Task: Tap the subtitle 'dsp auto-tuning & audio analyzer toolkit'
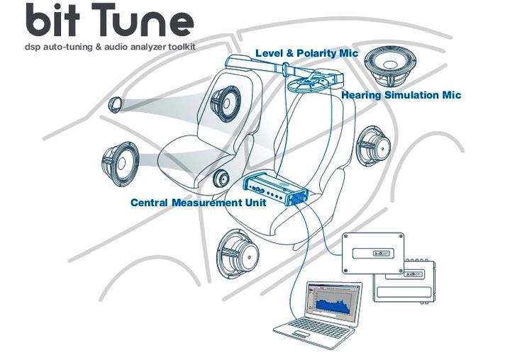[109, 47]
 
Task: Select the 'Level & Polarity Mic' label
[306, 53]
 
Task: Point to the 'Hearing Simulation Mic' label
[401, 94]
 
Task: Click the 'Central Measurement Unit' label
[198, 203]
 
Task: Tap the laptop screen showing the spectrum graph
[332, 302]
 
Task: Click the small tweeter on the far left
[116, 105]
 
